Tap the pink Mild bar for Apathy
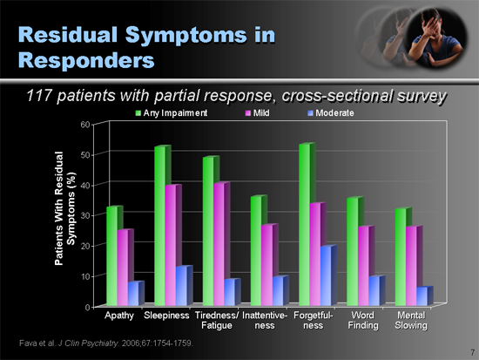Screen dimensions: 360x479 pyautogui.click(x=124, y=267)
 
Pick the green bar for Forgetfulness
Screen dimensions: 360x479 pyautogui.click(x=303, y=224)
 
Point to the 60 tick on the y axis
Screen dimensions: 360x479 pyautogui.click(x=84, y=124)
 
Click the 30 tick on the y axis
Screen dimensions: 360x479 pyautogui.click(x=84, y=215)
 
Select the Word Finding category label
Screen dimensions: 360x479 pyautogui.click(x=362, y=319)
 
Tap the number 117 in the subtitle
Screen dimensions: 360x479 pyautogui.click(x=45, y=94)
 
